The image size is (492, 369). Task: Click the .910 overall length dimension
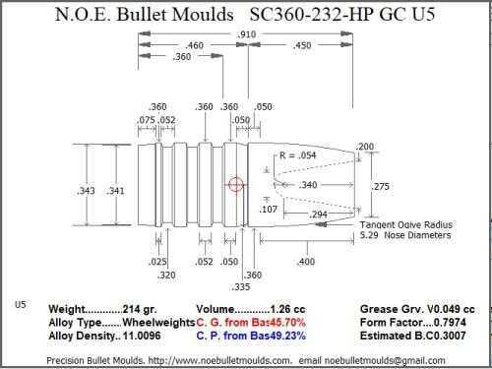point(246,34)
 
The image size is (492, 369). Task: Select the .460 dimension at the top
point(195,45)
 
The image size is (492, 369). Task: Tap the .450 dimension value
point(302,45)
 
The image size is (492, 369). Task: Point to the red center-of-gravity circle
point(236,185)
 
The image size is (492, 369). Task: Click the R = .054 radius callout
point(298,155)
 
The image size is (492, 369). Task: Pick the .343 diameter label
point(86,191)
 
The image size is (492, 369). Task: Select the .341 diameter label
point(115,191)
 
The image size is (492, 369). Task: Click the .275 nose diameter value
point(380,186)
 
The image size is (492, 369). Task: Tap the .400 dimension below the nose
point(306,262)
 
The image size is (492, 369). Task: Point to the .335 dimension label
point(241,287)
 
